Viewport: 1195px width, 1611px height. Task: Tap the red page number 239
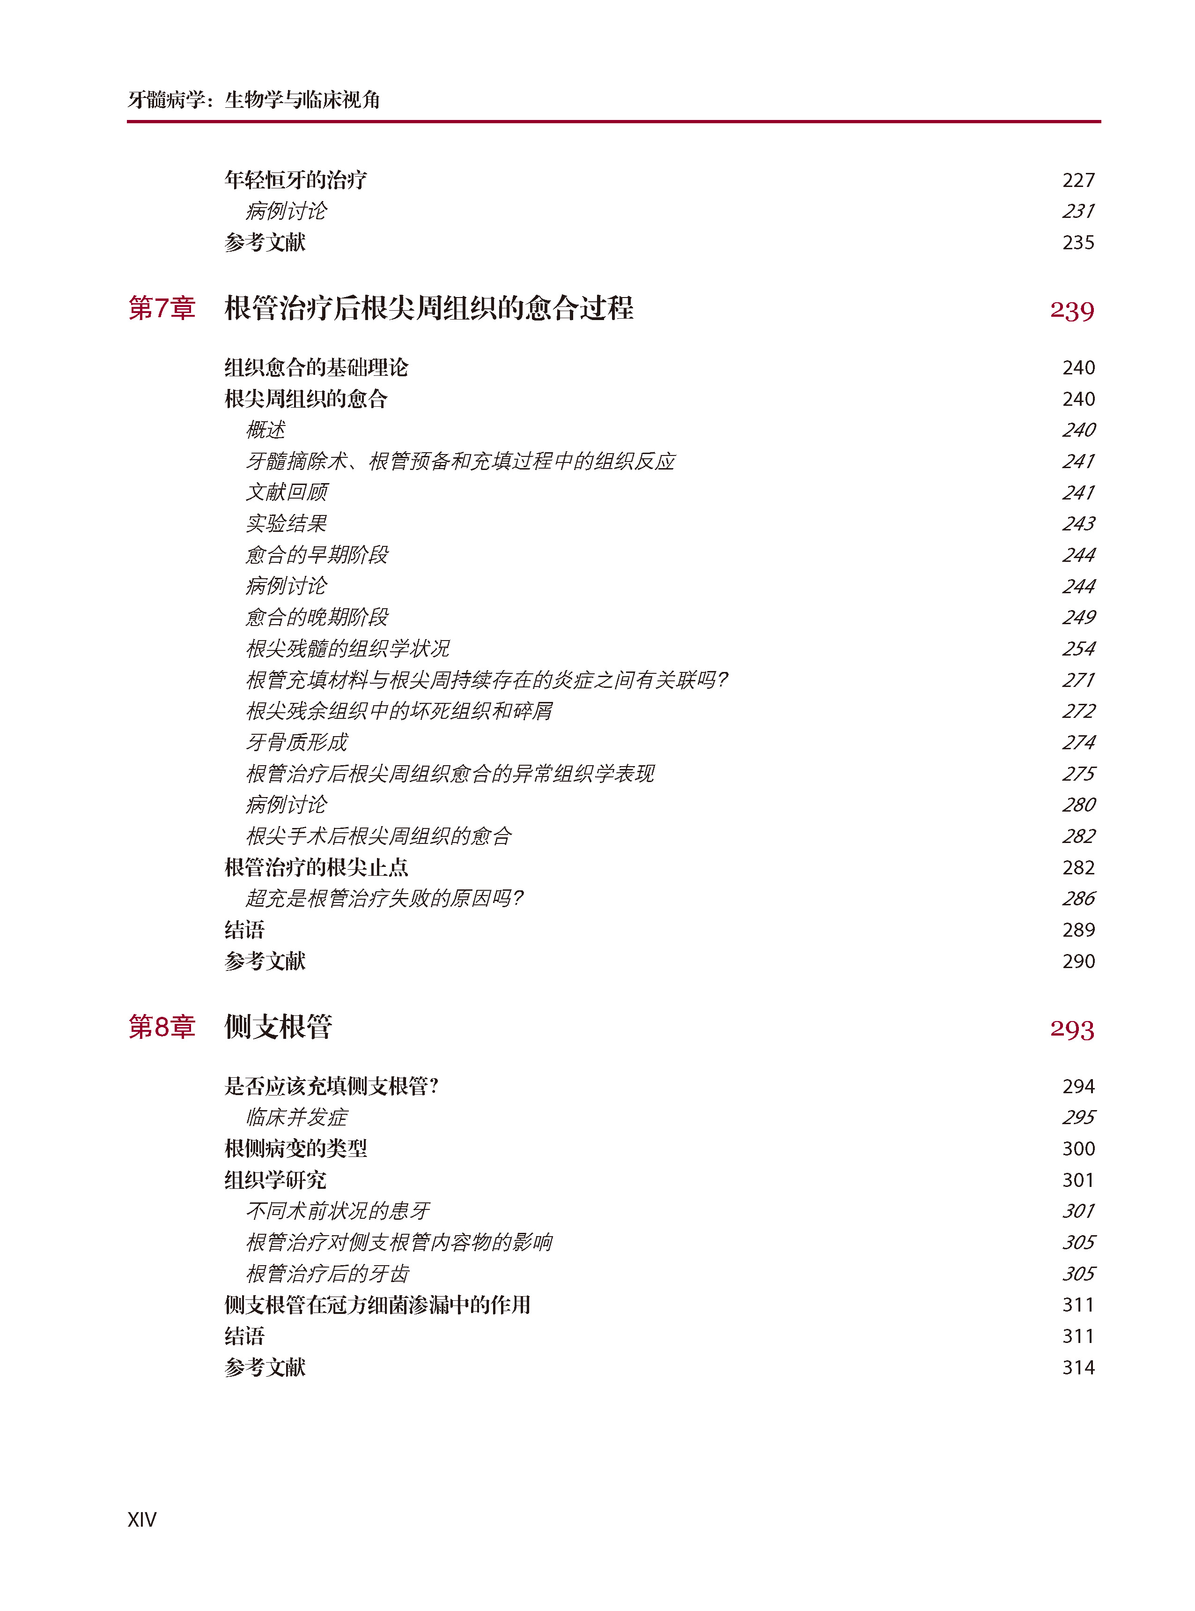1071,311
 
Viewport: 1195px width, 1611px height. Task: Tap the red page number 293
1071,1029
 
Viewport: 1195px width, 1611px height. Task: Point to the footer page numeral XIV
142,1519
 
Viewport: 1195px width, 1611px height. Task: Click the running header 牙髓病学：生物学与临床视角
254,99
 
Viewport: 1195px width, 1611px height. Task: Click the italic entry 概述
266,430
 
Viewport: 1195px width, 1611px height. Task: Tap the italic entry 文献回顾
287,492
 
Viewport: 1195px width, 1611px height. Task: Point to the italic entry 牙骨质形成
296,742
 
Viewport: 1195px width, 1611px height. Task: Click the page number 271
1078,679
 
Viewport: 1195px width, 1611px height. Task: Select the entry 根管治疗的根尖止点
316,867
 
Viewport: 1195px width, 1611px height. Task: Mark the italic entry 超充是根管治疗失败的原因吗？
384,898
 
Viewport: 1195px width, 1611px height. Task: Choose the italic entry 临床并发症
296,1117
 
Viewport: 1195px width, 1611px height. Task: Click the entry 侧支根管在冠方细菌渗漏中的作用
377,1304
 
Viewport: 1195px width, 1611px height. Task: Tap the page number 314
1078,1367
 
